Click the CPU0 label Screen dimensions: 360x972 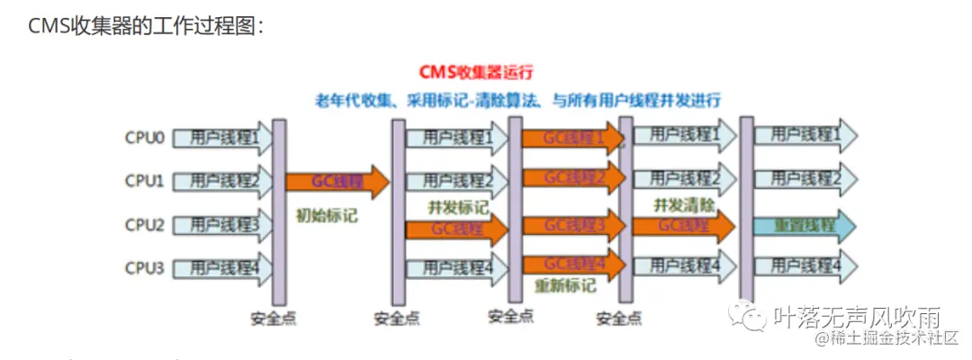point(144,139)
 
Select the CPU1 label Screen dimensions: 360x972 point(144,181)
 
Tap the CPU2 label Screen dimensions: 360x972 point(144,224)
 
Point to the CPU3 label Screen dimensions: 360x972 point(144,267)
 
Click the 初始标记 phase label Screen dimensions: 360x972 point(327,215)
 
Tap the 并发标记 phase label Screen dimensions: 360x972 point(458,208)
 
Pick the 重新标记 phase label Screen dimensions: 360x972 point(564,287)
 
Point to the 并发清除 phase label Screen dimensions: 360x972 point(683,206)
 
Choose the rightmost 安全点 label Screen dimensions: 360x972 point(619,318)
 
